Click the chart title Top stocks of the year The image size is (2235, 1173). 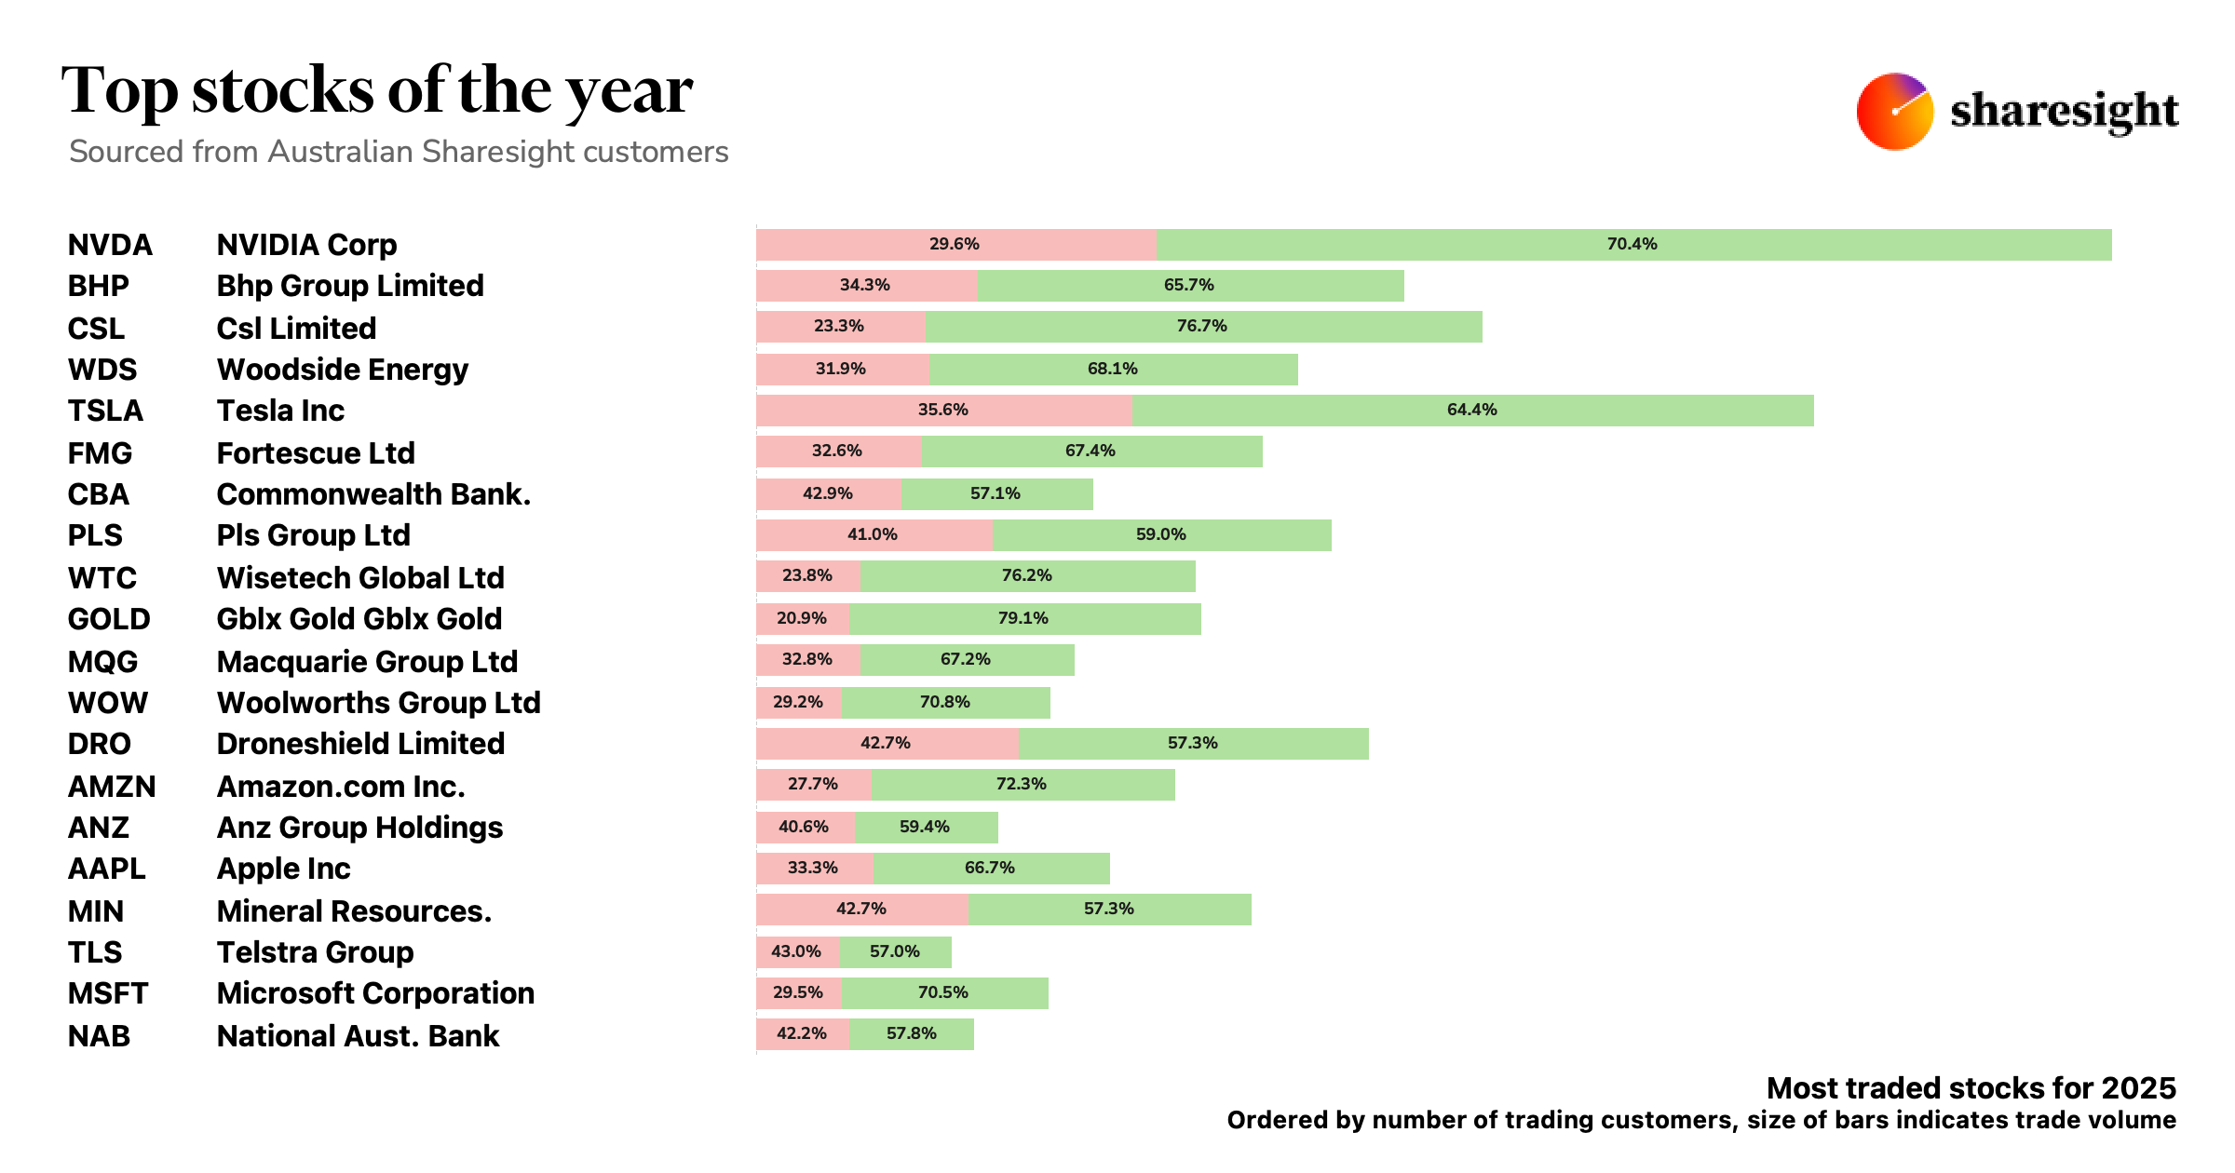(x=377, y=91)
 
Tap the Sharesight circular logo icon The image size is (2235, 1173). (x=1894, y=112)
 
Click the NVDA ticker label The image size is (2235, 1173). (x=110, y=245)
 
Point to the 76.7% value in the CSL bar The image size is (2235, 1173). (x=1201, y=326)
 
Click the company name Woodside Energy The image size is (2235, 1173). (x=342, y=370)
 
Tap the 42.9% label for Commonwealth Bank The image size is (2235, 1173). (x=827, y=493)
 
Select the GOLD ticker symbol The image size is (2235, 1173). (x=109, y=619)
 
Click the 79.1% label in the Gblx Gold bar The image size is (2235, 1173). (x=1023, y=618)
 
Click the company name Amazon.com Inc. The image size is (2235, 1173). (x=341, y=787)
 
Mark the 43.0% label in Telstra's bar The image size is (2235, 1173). (x=795, y=951)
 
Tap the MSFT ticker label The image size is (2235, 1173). (x=108, y=993)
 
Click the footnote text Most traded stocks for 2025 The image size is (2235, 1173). (x=1971, y=1088)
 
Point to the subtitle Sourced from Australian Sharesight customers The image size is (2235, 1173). (x=399, y=152)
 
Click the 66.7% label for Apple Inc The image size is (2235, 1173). (x=989, y=868)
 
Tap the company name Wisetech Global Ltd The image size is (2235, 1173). (x=360, y=578)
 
